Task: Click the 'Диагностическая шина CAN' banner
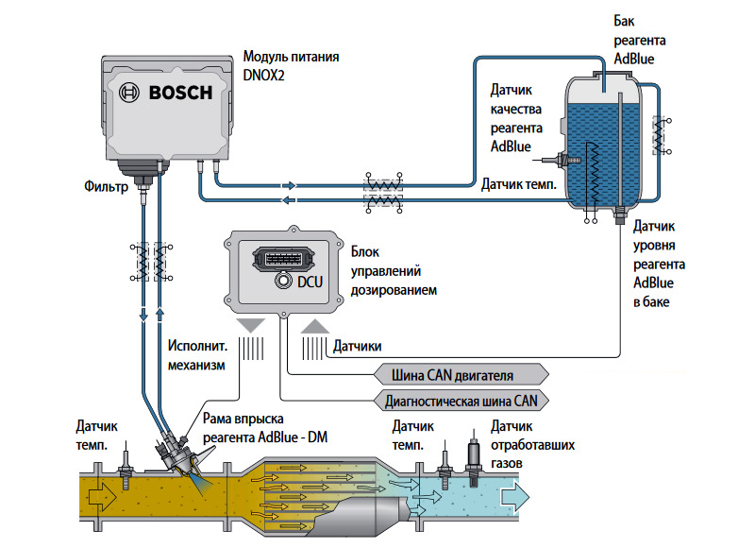click(463, 401)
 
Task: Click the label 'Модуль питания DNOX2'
click(291, 65)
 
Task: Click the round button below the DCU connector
click(281, 282)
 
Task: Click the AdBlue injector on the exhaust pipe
click(179, 459)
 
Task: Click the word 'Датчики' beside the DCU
click(358, 347)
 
